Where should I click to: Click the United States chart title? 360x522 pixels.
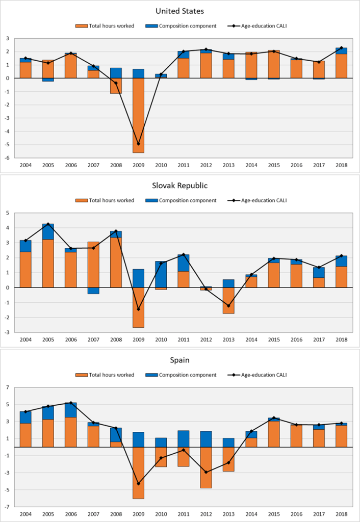179,11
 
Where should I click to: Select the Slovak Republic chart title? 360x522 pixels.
179,186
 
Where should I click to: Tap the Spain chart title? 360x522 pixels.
179,360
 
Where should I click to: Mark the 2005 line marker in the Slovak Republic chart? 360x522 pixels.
47,224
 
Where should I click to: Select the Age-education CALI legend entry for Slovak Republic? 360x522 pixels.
263,200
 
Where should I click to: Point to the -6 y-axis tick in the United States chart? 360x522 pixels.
8,158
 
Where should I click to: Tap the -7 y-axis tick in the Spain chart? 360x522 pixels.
8,507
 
